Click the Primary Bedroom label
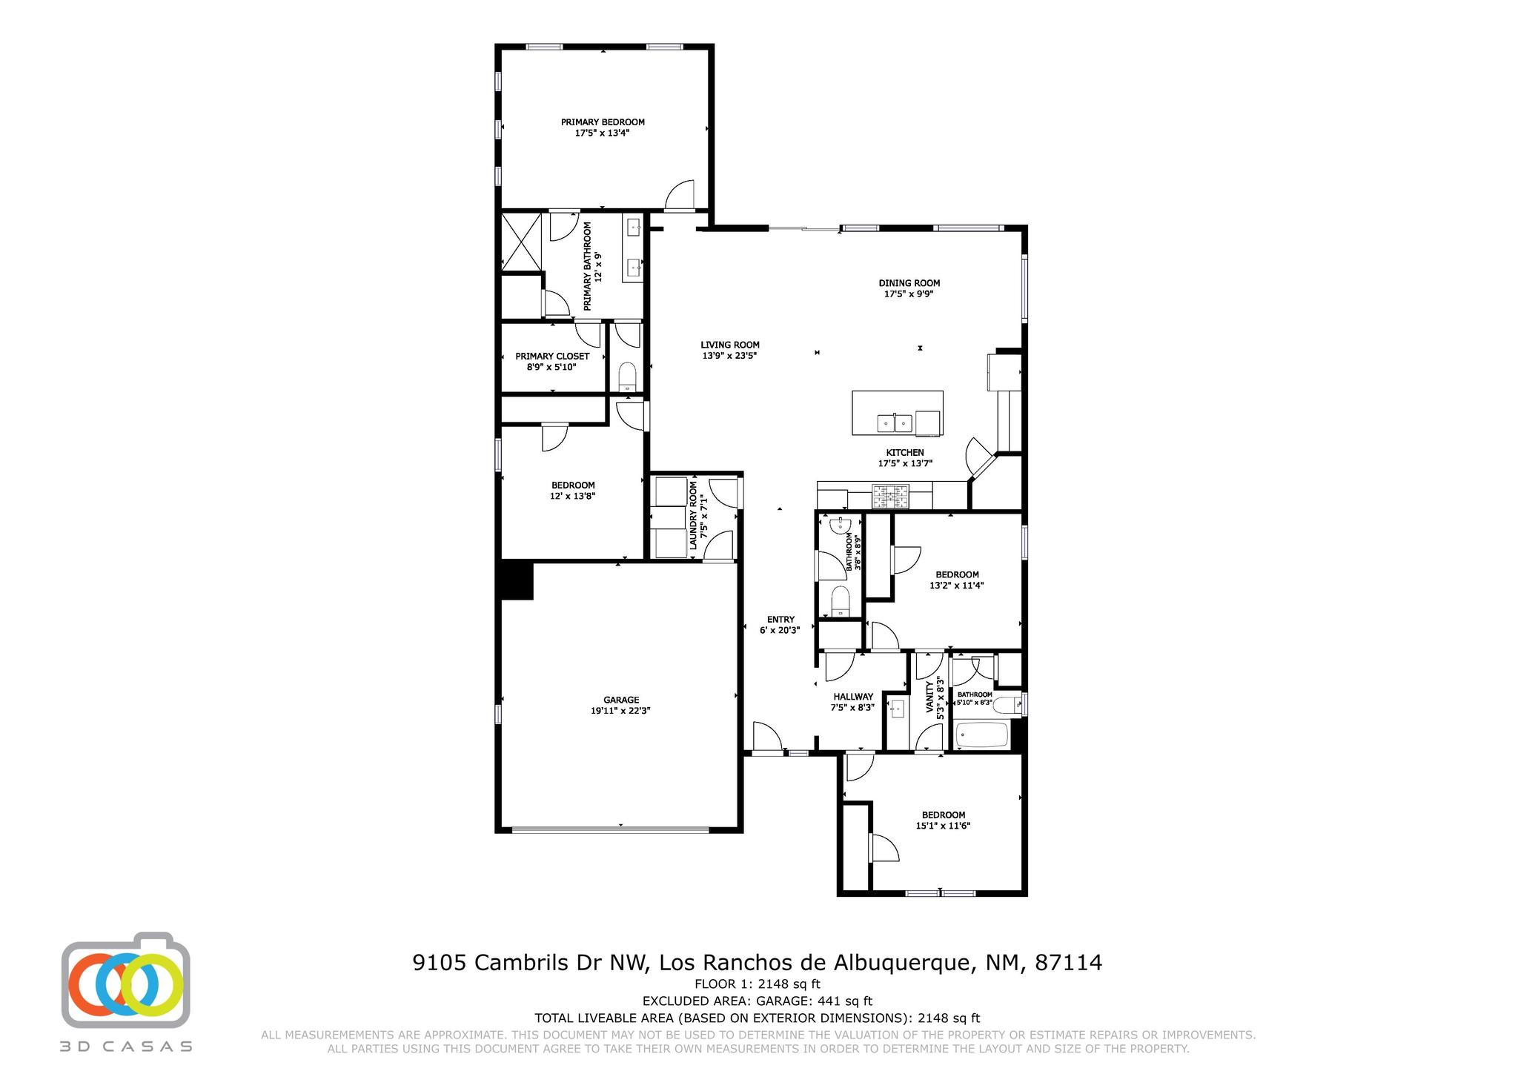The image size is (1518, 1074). pyautogui.click(x=602, y=122)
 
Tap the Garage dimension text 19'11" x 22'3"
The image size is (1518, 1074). pyautogui.click(x=620, y=710)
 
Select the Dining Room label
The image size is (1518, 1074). pyautogui.click(x=909, y=283)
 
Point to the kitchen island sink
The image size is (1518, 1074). pyautogui.click(x=895, y=424)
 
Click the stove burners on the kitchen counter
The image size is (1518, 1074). pyautogui.click(x=890, y=496)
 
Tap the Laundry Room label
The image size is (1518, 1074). pyautogui.click(x=694, y=516)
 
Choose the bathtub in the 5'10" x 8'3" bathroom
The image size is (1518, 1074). pyautogui.click(x=982, y=735)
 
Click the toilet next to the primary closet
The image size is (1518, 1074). pyautogui.click(x=627, y=377)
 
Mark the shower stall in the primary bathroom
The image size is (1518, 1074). pyautogui.click(x=521, y=242)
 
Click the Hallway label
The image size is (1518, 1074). pyautogui.click(x=852, y=697)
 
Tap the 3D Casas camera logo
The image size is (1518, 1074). pyautogui.click(x=125, y=981)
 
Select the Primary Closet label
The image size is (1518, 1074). pyautogui.click(x=552, y=357)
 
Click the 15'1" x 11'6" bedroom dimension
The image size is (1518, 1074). pyautogui.click(x=943, y=826)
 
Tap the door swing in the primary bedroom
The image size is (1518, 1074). pyautogui.click(x=680, y=196)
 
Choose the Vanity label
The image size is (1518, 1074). pyautogui.click(x=930, y=697)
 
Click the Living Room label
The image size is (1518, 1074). pyautogui.click(x=730, y=345)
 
